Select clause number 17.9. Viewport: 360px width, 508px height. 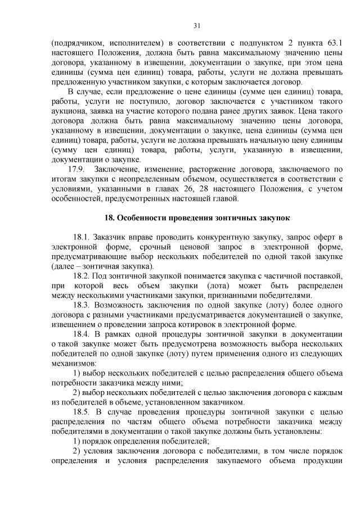click(x=76, y=169)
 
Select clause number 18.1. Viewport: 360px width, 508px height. click(x=82, y=237)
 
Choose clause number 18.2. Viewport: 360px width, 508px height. click(x=82, y=276)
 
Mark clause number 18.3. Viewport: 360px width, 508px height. click(x=82, y=305)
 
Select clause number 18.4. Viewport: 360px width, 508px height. click(x=82, y=334)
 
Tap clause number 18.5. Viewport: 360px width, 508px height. click(x=82, y=412)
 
